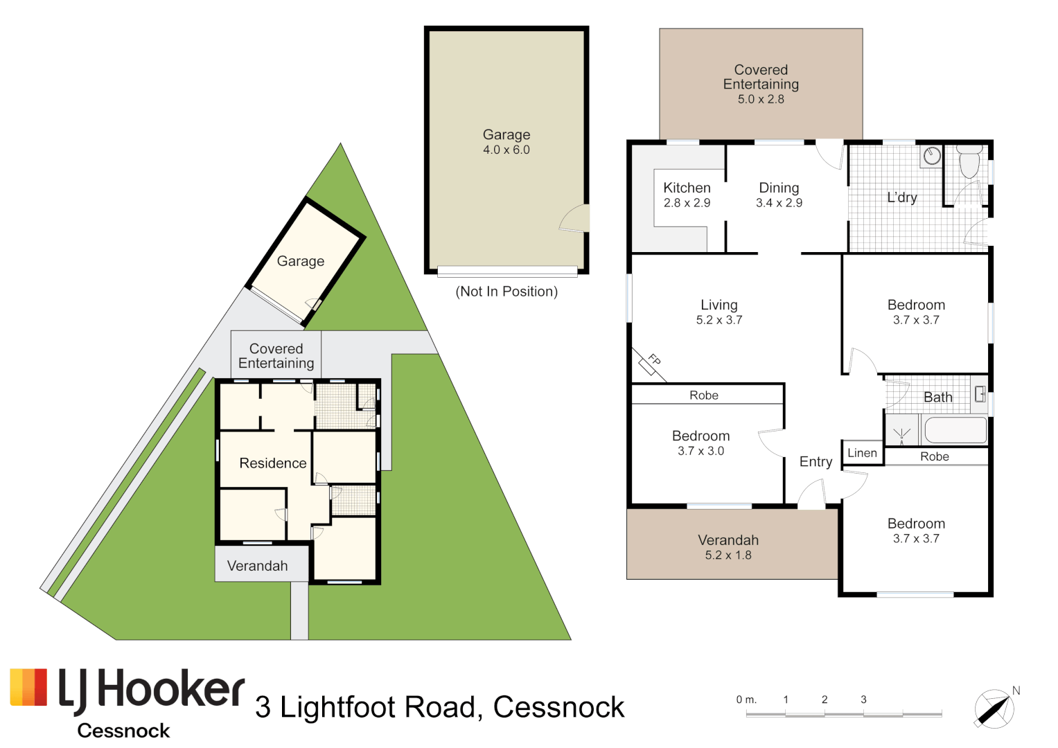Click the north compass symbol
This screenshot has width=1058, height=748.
[994, 709]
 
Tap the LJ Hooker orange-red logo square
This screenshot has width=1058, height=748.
[28, 687]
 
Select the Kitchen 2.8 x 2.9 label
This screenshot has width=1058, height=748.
[687, 195]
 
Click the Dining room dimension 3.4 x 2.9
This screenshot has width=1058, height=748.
[779, 203]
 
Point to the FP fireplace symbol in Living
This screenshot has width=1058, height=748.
[650, 362]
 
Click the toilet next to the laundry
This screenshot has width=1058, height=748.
[969, 161]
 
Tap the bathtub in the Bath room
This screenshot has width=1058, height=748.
[955, 430]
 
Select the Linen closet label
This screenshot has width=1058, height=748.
[862, 453]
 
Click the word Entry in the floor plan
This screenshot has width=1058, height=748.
[815, 462]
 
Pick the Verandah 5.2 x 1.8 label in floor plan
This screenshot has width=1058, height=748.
[728, 547]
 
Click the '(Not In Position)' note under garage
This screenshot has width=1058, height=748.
[506, 292]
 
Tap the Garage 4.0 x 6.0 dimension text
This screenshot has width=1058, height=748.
[506, 150]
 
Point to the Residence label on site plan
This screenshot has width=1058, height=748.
[272, 463]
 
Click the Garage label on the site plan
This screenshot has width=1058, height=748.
[300, 261]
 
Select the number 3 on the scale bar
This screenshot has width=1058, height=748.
[863, 700]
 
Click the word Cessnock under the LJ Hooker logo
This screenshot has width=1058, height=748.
[123, 731]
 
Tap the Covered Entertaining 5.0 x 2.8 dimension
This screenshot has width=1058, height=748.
[761, 99]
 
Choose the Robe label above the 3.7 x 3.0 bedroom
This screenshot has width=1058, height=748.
[704, 395]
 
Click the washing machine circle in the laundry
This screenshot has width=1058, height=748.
[932, 156]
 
